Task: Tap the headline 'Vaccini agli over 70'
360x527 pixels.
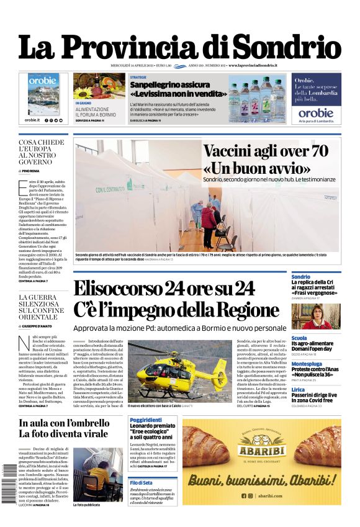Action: coord(266,151)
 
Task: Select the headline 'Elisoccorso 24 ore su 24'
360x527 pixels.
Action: coord(164,289)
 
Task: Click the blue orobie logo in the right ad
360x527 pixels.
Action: coord(316,113)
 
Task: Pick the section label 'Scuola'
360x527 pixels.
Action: coord(299,338)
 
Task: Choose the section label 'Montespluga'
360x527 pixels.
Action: coord(307,364)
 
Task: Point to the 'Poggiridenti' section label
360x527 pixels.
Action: coord(146,421)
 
